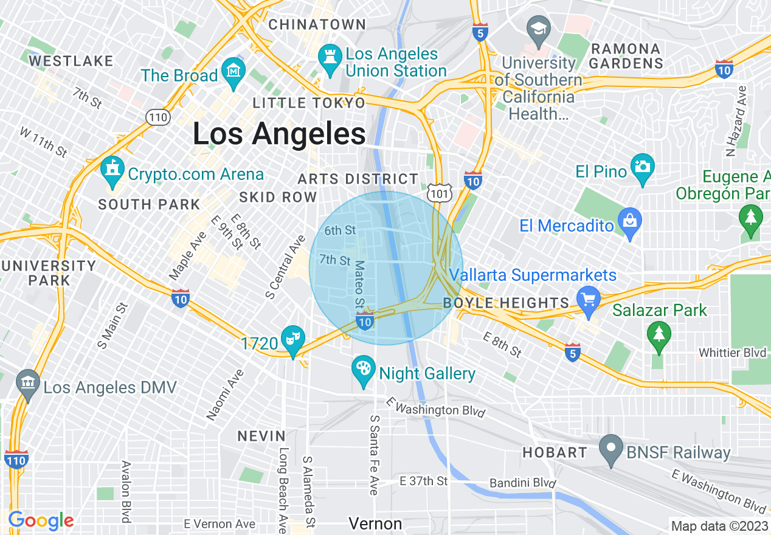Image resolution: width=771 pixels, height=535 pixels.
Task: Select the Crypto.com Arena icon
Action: tap(112, 171)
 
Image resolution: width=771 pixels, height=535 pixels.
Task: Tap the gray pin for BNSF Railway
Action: tap(611, 449)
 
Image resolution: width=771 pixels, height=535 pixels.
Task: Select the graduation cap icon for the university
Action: tap(539, 29)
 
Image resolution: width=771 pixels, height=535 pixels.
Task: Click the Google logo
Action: tap(41, 520)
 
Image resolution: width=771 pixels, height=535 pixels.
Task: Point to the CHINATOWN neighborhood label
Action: tap(317, 25)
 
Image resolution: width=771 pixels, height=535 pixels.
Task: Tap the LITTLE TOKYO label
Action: tap(309, 103)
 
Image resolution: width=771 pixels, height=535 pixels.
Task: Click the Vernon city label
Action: tap(375, 523)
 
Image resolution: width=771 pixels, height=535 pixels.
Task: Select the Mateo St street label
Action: tap(360, 284)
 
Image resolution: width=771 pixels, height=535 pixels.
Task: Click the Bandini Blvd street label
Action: tap(523, 483)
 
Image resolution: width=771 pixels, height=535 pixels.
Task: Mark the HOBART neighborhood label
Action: tap(555, 452)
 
